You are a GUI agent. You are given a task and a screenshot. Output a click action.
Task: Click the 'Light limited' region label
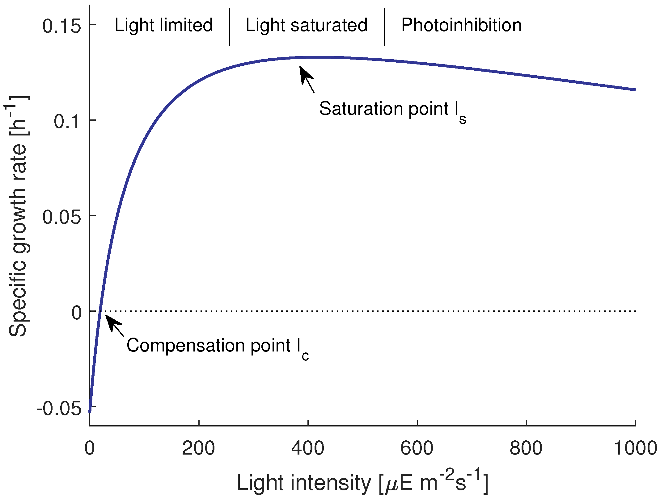coord(163,25)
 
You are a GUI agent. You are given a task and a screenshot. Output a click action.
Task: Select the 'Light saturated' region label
coord(306,25)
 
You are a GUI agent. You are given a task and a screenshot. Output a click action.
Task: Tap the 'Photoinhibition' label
coord(461,25)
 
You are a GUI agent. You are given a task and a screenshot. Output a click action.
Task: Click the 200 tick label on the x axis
coord(198,448)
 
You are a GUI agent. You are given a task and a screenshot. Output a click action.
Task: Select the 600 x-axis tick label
coord(417,448)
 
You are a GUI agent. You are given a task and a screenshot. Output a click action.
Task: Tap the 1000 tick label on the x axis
coord(635,448)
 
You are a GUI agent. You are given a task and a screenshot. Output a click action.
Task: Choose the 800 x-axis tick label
coord(526,448)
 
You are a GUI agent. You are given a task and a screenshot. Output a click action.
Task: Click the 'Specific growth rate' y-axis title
coord(18,216)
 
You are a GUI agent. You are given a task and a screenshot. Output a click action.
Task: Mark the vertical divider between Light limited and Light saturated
coord(229,27)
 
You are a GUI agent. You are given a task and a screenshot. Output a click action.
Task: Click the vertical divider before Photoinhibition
coord(385,27)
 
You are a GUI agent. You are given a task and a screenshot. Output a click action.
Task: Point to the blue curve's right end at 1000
coord(634,89)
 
